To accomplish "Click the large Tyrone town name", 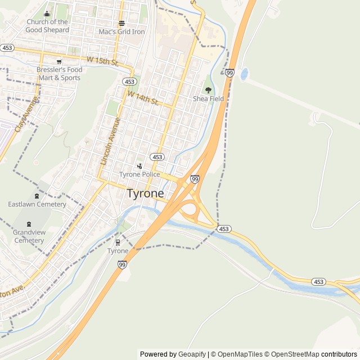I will point(145,193).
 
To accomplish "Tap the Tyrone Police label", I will point(139,174).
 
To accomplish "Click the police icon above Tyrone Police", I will point(139,166).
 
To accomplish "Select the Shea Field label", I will point(208,98).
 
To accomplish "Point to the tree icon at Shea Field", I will point(208,90).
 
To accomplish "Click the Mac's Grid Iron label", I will point(121,31).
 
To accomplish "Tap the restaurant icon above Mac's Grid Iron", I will point(121,23).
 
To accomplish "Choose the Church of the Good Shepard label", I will point(47,26).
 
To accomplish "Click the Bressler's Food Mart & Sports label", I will point(59,74).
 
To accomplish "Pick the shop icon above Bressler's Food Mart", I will point(59,62).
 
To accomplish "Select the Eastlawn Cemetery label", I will point(37,204).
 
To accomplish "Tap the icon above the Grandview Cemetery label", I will point(29,224).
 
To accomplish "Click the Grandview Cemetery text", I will point(29,236).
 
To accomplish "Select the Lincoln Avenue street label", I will point(110,141).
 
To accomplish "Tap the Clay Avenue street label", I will point(26,115).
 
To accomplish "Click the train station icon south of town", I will point(118,242).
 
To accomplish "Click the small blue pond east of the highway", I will point(244,74).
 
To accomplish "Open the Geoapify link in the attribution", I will point(192,354).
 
